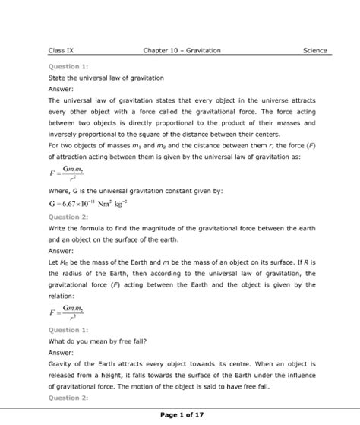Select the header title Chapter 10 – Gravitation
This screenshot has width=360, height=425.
[182, 51]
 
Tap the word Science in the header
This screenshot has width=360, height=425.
[314, 51]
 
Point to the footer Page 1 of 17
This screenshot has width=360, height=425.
[182, 414]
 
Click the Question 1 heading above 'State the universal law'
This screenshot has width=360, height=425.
[65, 66]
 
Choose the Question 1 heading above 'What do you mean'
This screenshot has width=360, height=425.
[65, 331]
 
